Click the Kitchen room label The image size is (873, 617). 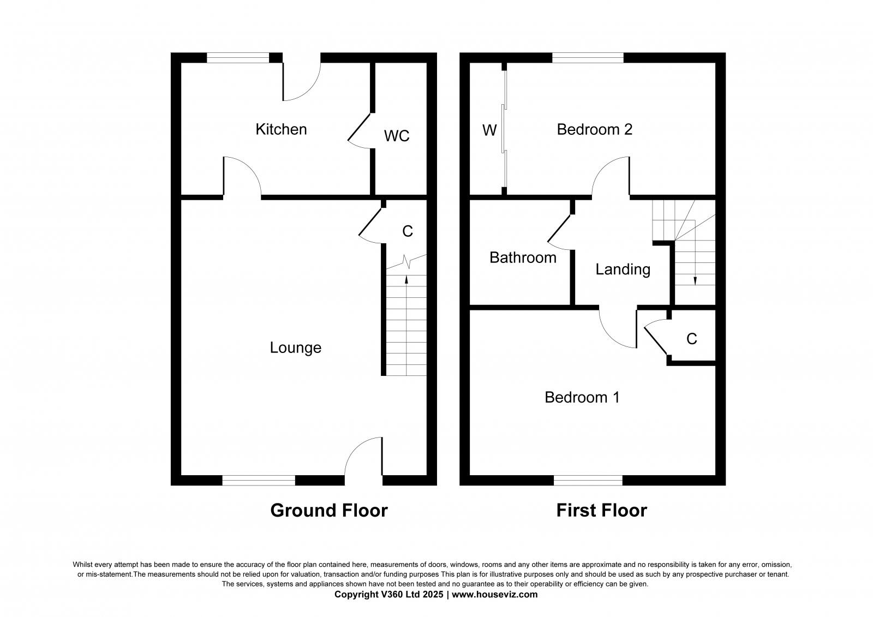click(x=281, y=129)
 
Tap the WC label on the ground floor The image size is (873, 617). click(x=397, y=136)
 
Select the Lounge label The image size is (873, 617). click(x=295, y=348)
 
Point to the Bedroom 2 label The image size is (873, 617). click(x=594, y=129)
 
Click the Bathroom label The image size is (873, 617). click(x=523, y=257)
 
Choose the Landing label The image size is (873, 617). click(x=623, y=269)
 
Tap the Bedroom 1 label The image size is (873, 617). click(x=582, y=397)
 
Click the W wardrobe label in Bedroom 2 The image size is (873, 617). click(x=489, y=130)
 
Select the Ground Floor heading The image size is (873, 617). click(x=329, y=511)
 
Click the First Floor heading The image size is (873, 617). click(x=601, y=511)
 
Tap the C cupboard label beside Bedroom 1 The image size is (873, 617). click(x=691, y=339)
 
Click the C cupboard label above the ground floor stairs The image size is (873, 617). click(x=407, y=231)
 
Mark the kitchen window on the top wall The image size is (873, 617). click(x=238, y=57)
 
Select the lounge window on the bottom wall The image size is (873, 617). click(x=259, y=480)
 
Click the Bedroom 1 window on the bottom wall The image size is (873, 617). click(x=588, y=480)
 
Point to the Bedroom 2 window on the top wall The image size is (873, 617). click(x=588, y=57)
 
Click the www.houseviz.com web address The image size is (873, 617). click(x=494, y=595)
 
